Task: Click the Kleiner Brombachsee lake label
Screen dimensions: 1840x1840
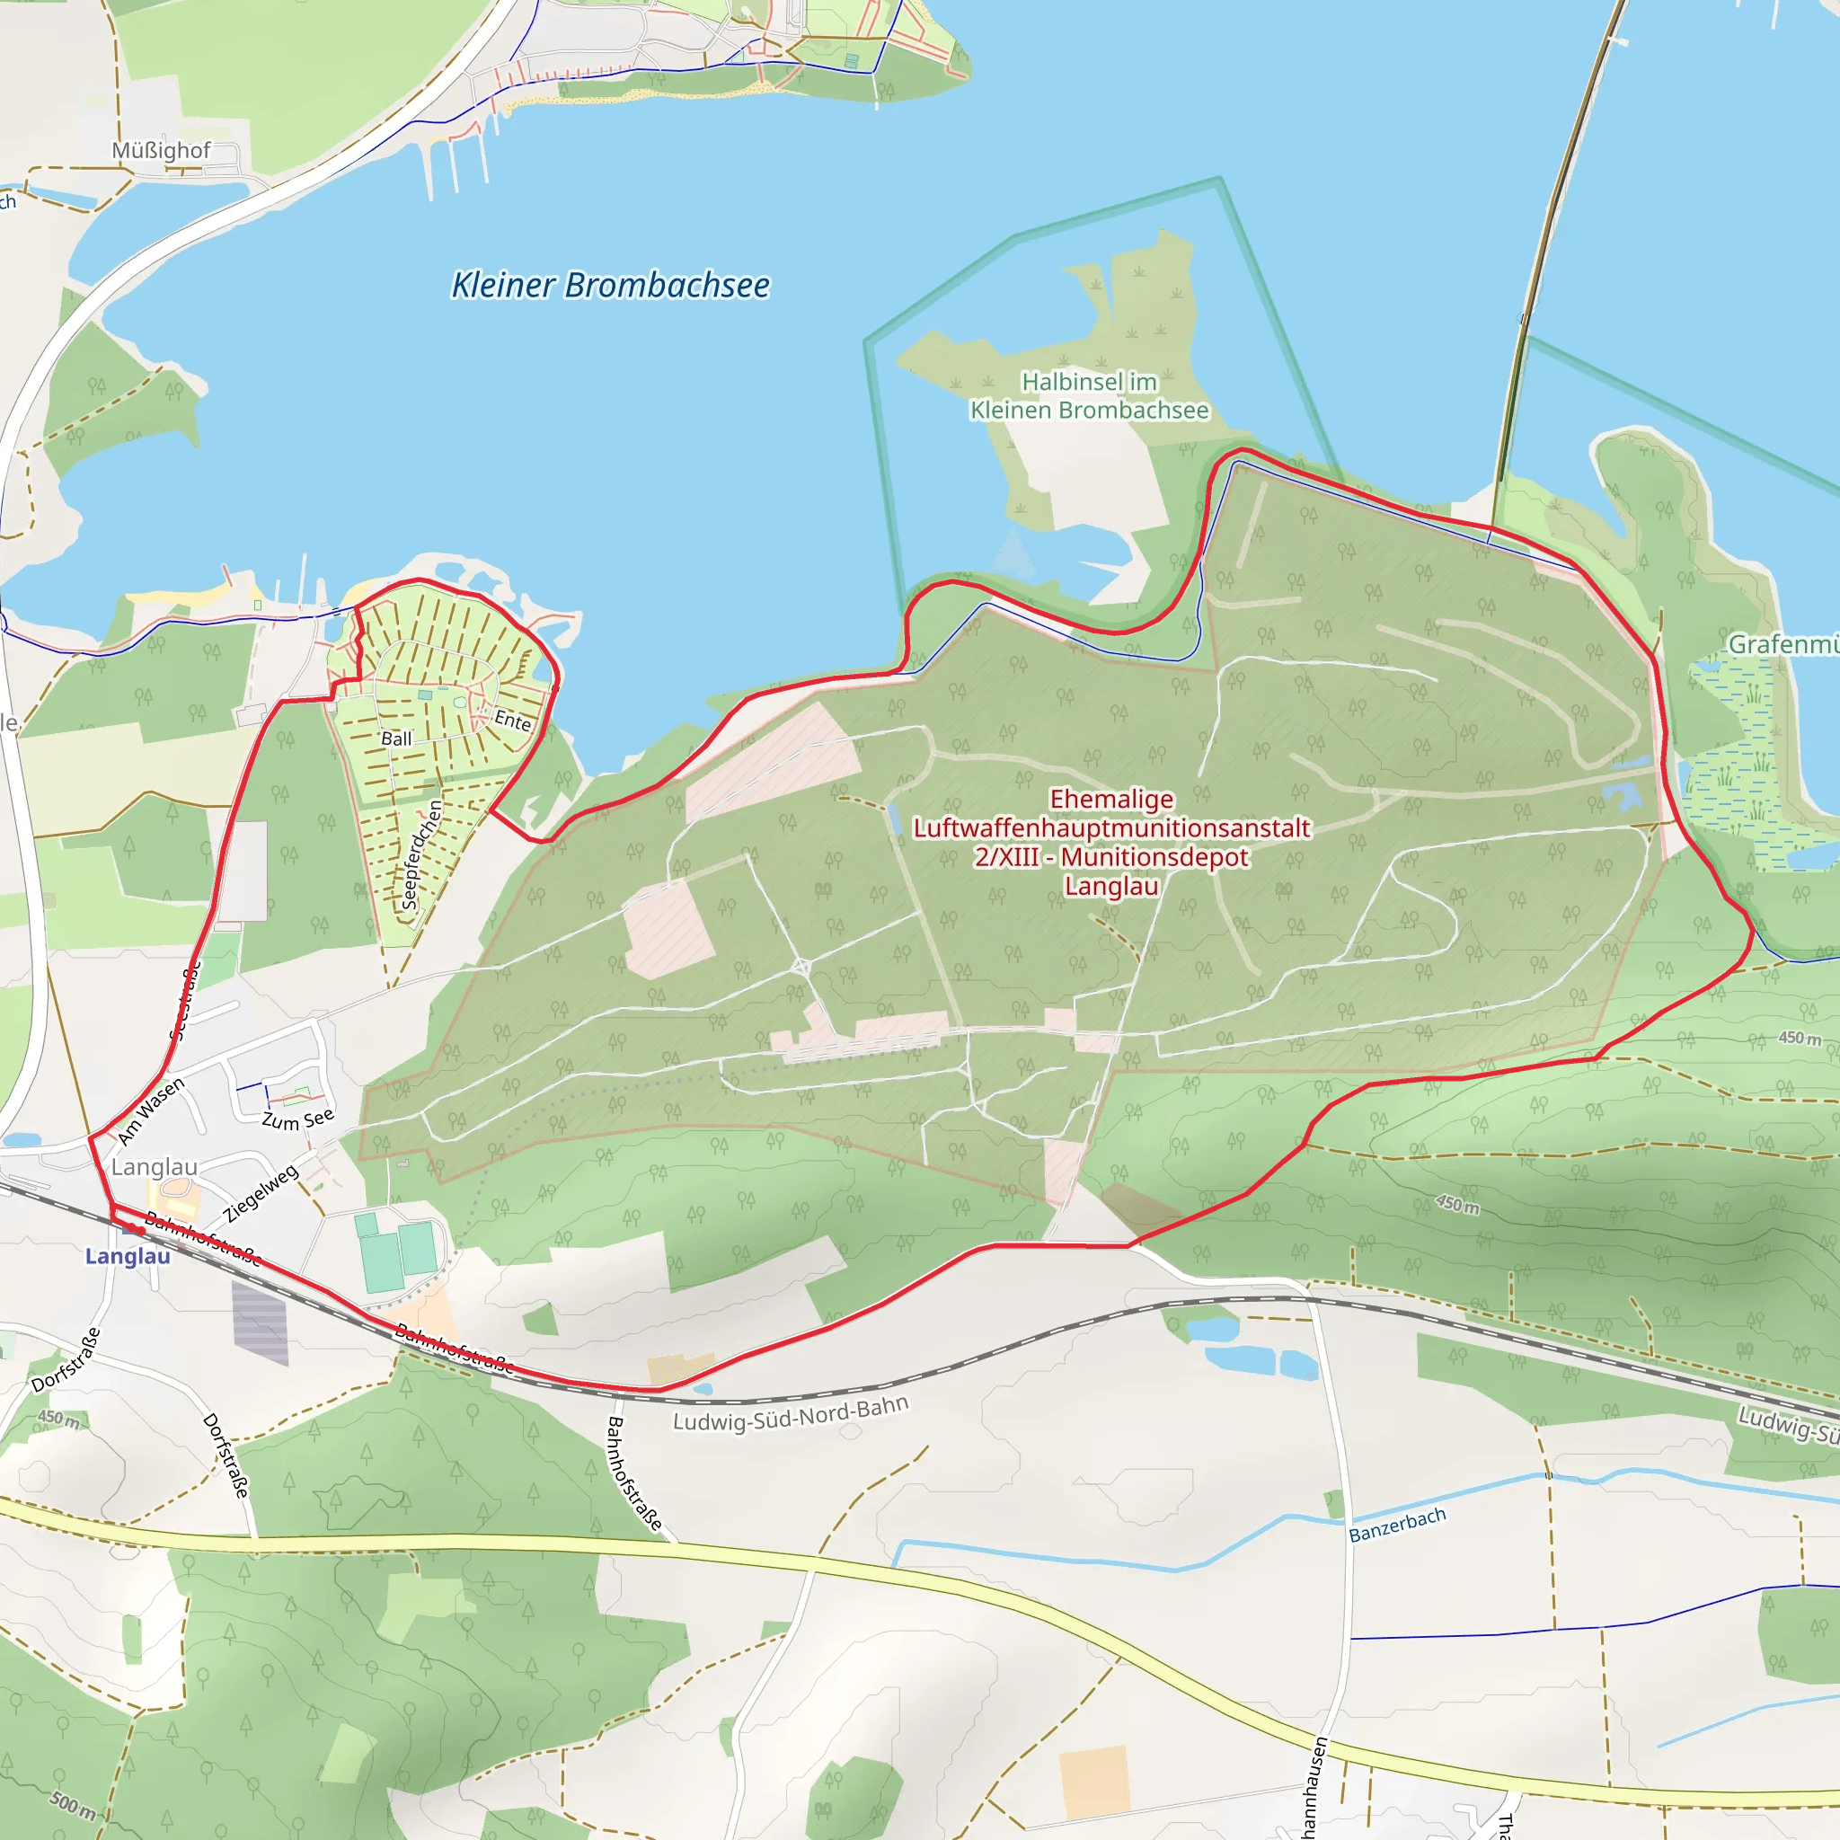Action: point(609,285)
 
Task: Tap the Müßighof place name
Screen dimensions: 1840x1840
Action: point(161,150)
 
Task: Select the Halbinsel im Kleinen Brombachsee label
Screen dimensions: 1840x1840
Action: point(1089,395)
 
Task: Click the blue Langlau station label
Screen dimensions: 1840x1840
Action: point(128,1256)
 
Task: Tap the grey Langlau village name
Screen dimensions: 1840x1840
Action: point(155,1167)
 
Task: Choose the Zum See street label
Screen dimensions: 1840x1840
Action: point(298,1119)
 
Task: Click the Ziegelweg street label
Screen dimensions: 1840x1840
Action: point(260,1193)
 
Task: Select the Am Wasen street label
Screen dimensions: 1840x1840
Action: point(150,1111)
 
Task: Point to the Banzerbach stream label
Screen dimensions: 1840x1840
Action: point(1397,1524)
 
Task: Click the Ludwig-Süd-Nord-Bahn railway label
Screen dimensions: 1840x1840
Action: point(791,1413)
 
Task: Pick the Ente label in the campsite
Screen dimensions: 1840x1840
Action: point(512,721)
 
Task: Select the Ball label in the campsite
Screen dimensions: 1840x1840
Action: point(396,739)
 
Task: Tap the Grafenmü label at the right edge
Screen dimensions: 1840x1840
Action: point(1782,645)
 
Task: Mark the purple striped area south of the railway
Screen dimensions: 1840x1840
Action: point(260,1322)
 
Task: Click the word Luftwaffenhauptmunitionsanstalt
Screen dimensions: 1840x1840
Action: point(1110,828)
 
